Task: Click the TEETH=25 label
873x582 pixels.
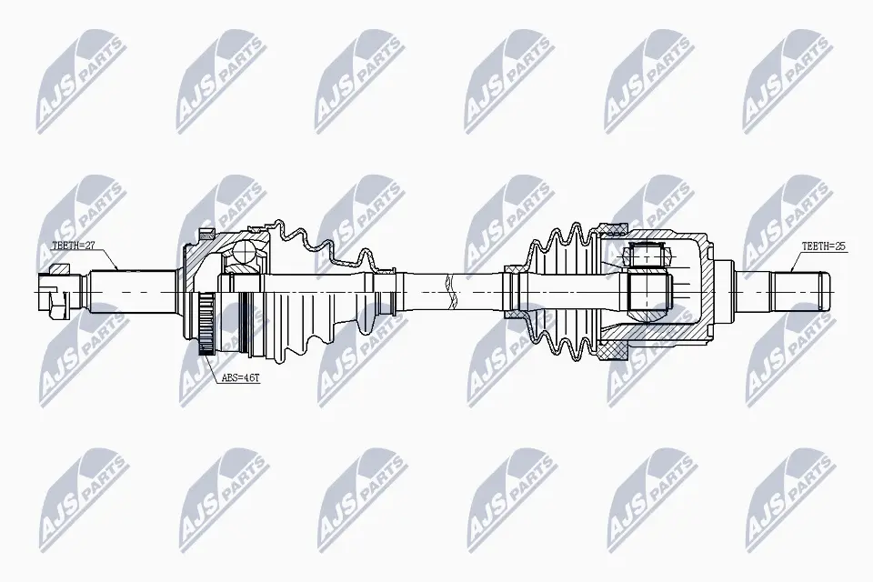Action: pyautogui.click(x=824, y=246)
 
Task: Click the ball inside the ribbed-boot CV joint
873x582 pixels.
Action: pyautogui.click(x=245, y=256)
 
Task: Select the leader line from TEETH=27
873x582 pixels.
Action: pyautogui.click(x=113, y=257)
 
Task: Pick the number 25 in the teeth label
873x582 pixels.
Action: pyautogui.click(x=841, y=246)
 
